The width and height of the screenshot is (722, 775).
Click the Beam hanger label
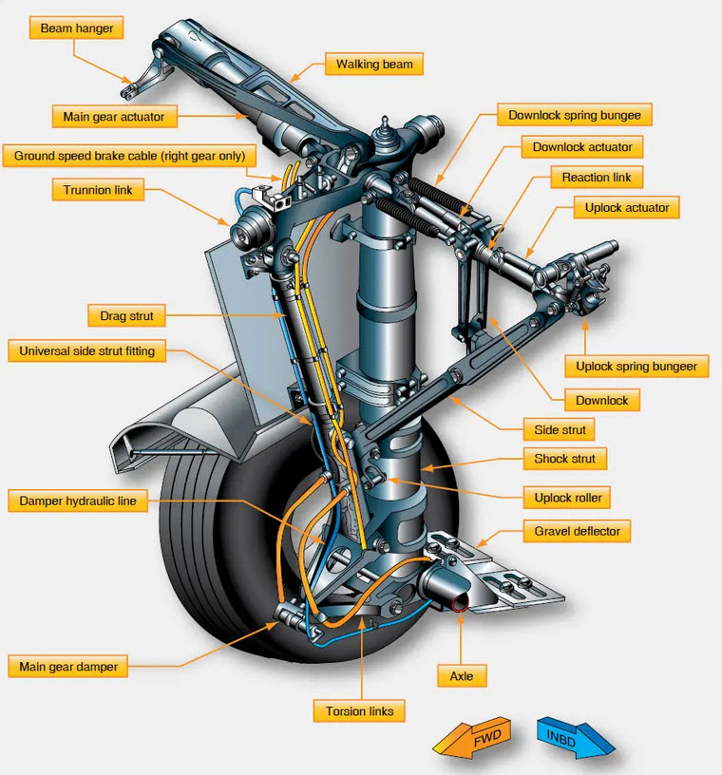76,28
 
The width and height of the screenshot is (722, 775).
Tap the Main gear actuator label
114,117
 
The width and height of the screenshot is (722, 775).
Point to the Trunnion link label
98,190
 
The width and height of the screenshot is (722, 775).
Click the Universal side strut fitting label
87,351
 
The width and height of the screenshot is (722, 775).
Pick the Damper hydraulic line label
78,500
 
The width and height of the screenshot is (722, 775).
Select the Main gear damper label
68,667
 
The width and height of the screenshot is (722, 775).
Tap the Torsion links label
359,710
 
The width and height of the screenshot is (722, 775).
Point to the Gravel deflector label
577,532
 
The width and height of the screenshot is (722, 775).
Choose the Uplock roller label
568,497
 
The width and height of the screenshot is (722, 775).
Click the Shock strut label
564,459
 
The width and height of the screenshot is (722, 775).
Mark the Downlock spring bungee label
575,116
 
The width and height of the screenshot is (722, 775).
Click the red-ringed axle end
460,604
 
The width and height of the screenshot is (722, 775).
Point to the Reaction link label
597,178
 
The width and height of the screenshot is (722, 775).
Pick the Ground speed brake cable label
129,156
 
